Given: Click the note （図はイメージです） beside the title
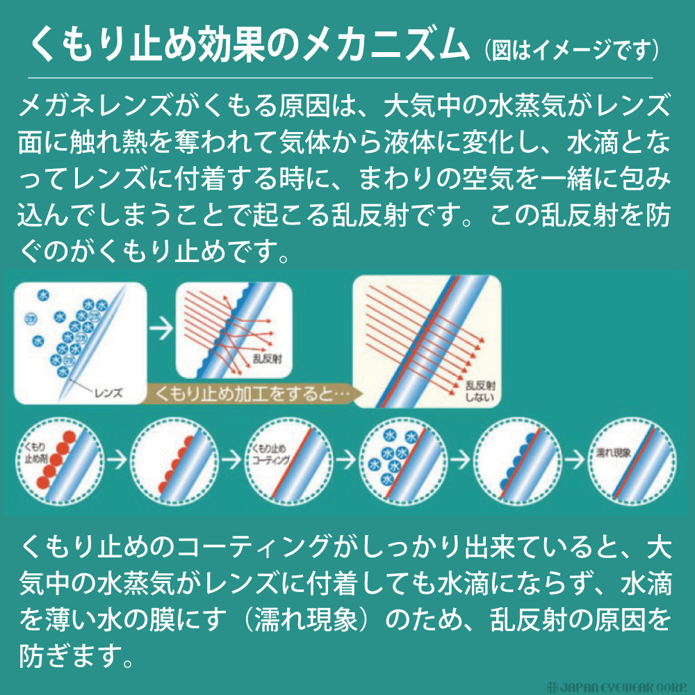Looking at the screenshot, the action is (570, 50).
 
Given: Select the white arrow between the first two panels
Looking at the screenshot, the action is (162, 329).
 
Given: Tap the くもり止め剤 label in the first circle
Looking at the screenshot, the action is (35, 452).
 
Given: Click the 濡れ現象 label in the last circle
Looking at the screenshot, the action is (612, 452).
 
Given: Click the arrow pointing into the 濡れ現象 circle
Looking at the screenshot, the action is (572, 459).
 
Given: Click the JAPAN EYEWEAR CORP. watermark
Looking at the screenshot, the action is (619, 686).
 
